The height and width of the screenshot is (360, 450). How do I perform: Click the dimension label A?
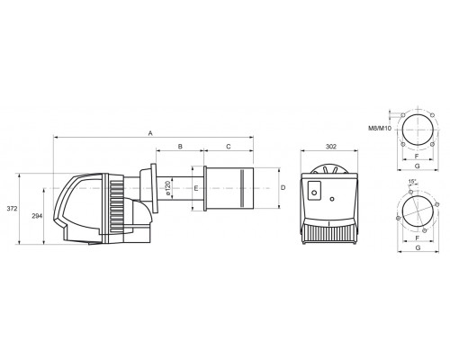(x=150, y=133)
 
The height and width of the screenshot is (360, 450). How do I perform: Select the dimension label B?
(x=180, y=147)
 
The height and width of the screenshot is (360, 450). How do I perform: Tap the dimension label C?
(x=229, y=147)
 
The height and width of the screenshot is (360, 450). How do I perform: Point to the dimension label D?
(x=283, y=188)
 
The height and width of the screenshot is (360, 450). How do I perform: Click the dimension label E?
(x=196, y=188)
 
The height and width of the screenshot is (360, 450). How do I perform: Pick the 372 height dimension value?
(x=12, y=209)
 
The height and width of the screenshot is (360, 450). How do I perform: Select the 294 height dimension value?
(x=37, y=216)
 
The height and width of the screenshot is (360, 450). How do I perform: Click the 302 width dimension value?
(x=331, y=147)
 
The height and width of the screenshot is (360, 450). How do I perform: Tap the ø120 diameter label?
(x=168, y=188)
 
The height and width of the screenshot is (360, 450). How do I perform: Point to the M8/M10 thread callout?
(x=380, y=129)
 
